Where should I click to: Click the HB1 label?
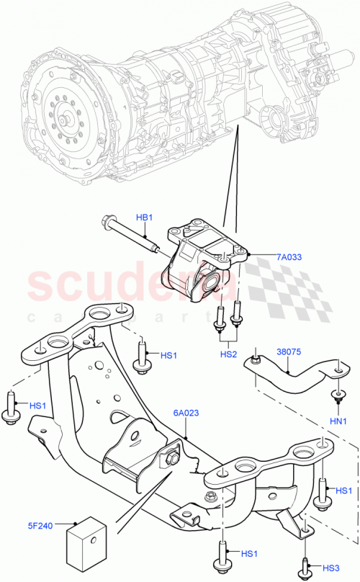145,217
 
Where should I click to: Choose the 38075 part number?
289,353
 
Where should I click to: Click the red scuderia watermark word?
108,285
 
